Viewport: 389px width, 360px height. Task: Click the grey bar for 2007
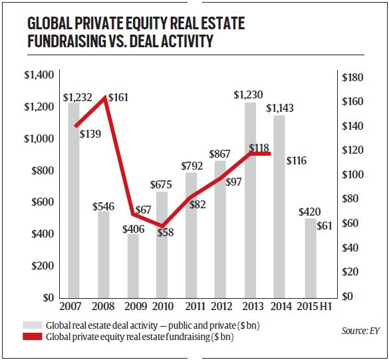(73, 200)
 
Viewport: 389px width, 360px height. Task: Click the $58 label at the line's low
(166, 233)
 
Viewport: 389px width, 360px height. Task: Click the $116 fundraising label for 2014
(297, 161)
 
